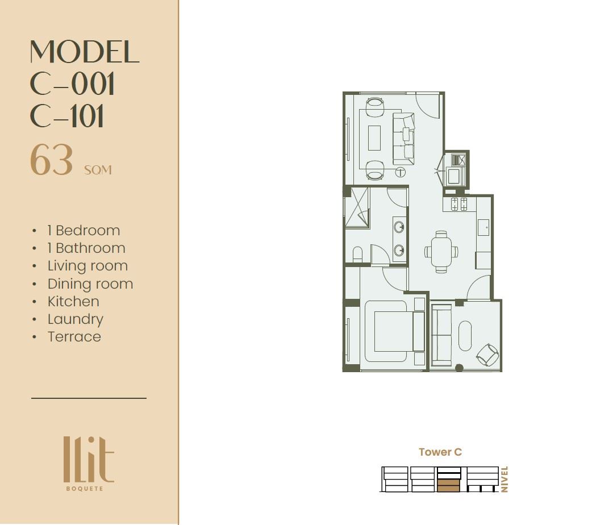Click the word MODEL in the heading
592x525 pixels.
pos(85,52)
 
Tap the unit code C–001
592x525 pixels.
pos(72,84)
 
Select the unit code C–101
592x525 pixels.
pos(66,116)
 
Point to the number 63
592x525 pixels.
pos(51,160)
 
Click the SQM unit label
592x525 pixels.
pos(98,170)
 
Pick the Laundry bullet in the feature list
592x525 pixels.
pos(75,319)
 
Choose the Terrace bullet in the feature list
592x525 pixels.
pos(74,336)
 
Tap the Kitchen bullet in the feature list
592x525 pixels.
pos(73,301)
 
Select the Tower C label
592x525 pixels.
pos(440,452)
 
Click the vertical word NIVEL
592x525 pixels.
pos(505,479)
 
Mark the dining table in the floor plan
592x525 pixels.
pos(441,252)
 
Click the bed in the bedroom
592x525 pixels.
pos(395,331)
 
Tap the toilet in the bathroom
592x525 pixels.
pos(357,254)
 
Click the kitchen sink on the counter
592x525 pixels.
pos(483,227)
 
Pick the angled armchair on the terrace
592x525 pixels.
pos(488,355)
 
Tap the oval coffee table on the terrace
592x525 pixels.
pos(465,336)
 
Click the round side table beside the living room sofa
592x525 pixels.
pos(400,173)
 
